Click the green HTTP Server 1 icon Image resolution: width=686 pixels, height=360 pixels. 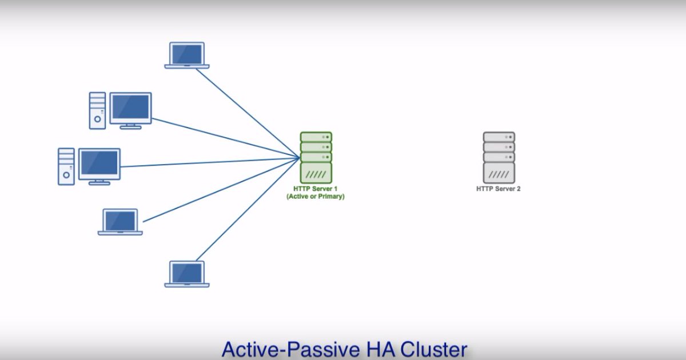pos(316,157)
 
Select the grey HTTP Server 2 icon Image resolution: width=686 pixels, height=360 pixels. pos(498,157)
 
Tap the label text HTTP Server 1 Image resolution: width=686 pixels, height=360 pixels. pos(316,189)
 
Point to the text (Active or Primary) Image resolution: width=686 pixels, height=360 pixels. pos(316,196)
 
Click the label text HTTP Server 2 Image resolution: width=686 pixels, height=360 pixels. pos(498,189)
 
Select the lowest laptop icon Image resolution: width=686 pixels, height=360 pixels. pos(187,274)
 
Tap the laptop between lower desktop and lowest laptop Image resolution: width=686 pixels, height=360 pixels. pos(120,222)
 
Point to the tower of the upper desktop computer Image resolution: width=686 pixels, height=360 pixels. pos(97,110)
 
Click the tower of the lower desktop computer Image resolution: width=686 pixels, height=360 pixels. pos(66,166)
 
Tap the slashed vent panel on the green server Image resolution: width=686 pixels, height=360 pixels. pos(316,173)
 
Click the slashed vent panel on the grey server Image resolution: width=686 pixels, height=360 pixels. pos(498,173)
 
